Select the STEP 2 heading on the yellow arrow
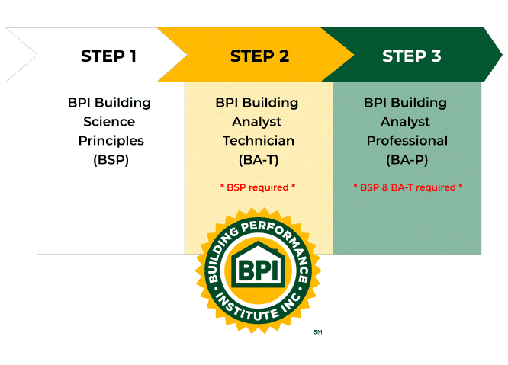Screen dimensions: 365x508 coord(259,56)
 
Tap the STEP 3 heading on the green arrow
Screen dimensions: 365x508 coord(411,56)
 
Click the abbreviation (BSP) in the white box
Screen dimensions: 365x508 coord(111,160)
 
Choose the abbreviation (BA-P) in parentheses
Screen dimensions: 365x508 coord(407,160)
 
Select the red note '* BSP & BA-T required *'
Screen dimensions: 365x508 coord(407,187)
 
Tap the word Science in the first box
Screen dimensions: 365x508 coord(111,122)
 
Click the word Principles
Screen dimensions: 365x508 coord(111,141)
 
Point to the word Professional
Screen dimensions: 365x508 coord(407,141)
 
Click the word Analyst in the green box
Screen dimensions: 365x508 coord(407,122)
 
